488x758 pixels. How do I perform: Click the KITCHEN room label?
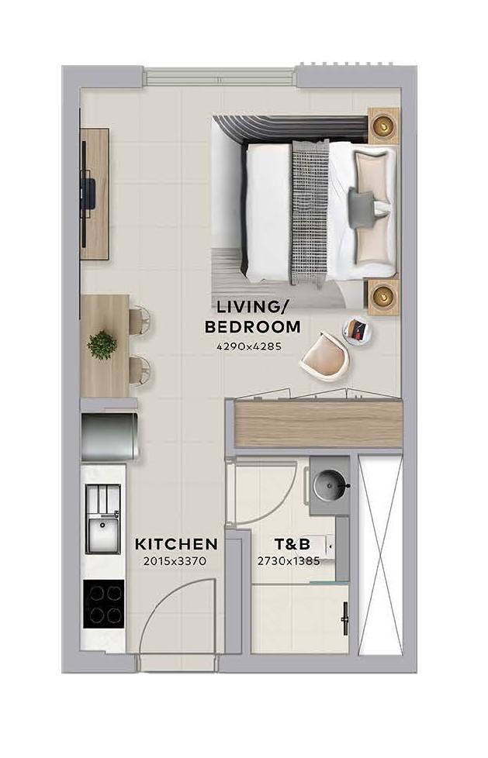(176, 544)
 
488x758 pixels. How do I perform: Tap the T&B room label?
(292, 544)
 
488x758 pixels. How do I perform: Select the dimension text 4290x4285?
(249, 346)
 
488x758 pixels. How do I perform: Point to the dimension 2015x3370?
(175, 561)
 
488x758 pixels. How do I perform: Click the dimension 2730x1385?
(289, 561)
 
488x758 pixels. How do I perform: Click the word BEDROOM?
(253, 327)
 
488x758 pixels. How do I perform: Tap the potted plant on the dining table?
(102, 345)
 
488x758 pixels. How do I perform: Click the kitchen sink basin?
(102, 534)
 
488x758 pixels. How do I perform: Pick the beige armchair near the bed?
(324, 357)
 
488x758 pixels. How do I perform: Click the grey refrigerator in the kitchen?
(110, 436)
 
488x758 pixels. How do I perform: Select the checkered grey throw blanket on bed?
(310, 212)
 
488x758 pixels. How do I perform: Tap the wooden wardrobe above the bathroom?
(319, 424)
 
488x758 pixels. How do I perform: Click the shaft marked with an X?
(380, 556)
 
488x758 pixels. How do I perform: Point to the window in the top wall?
(220, 77)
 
